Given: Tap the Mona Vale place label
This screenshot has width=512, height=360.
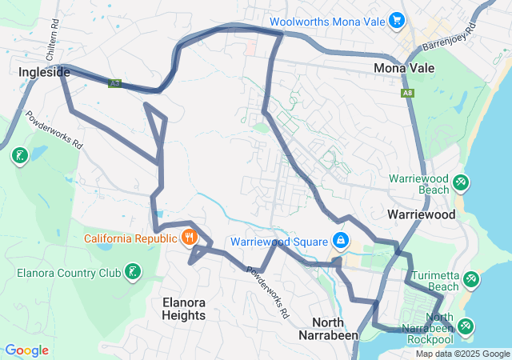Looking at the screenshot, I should (404, 68).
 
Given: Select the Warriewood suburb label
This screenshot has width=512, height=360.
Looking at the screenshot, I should (421, 214).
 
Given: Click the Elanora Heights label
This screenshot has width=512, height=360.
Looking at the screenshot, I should (184, 309).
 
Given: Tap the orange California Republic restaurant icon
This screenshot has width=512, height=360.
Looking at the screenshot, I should (190, 238).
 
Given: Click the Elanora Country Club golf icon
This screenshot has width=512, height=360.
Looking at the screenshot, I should (133, 273).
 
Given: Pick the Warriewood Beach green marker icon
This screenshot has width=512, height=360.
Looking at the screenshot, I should (461, 183).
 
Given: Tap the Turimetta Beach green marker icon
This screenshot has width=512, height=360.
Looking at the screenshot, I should (471, 280).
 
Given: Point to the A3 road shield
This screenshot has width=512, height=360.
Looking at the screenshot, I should (115, 82).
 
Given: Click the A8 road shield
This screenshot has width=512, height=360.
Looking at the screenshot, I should (409, 94).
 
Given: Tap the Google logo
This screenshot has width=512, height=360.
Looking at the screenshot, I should (26, 350).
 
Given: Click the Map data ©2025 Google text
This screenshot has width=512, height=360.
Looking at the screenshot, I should (462, 354).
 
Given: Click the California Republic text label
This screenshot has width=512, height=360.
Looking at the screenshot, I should (134, 238).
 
